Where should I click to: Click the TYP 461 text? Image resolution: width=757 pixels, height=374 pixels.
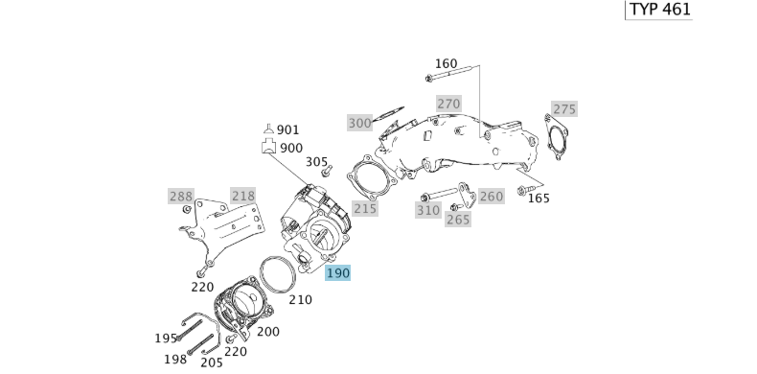point(660,10)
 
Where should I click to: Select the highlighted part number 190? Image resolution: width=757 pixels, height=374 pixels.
point(338,273)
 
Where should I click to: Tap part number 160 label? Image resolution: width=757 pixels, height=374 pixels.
point(446,64)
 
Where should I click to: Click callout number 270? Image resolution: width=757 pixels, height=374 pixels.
point(448,104)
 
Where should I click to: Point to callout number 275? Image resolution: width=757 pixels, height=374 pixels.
point(564,109)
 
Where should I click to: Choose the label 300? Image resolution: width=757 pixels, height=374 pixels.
point(359,123)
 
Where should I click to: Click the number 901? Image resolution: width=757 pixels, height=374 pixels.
point(287,130)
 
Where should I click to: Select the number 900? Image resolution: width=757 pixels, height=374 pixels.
point(291,148)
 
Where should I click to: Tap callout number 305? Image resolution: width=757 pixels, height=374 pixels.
point(317,162)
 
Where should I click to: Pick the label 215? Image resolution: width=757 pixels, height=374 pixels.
point(365,209)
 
